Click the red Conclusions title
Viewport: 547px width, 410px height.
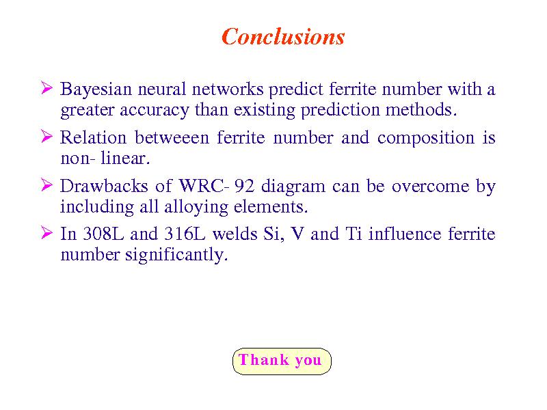pyautogui.click(x=283, y=37)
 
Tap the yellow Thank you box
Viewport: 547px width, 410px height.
pyautogui.click(x=282, y=361)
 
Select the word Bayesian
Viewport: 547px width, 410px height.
pyautogui.click(x=96, y=89)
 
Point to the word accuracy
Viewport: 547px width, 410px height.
pyautogui.click(x=154, y=111)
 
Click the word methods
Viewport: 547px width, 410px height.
pyautogui.click(x=421, y=109)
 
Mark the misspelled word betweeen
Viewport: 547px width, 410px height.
pyautogui.click(x=172, y=137)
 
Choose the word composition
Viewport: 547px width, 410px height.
pyautogui.click(x=426, y=139)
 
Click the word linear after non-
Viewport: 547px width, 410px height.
pyautogui.click(x=125, y=158)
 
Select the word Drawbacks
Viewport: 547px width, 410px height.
pyautogui.click(x=104, y=185)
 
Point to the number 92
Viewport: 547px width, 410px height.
pyautogui.click(x=244, y=185)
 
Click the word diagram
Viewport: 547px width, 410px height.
pyautogui.click(x=293, y=187)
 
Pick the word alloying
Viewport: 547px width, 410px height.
pyautogui.click(x=196, y=207)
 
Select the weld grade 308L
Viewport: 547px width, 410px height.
pyautogui.click(x=103, y=234)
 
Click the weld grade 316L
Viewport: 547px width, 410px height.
pyautogui.click(x=185, y=234)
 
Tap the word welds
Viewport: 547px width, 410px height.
pyautogui.click(x=235, y=234)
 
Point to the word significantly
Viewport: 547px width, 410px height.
pyautogui.click(x=176, y=255)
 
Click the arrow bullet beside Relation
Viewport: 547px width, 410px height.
pyautogui.click(x=46, y=136)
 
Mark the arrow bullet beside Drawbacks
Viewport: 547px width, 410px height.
pyautogui.click(x=46, y=184)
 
